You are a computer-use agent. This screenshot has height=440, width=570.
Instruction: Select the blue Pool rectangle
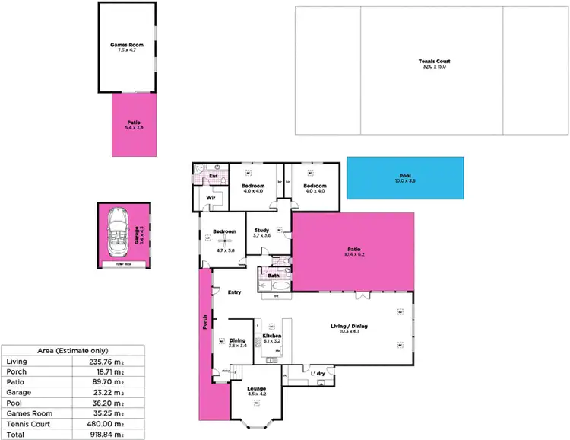click(x=404, y=177)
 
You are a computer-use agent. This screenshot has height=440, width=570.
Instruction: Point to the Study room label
click(x=262, y=231)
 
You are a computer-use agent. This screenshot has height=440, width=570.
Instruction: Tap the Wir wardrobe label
click(x=203, y=198)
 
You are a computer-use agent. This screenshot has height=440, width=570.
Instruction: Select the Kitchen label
click(x=272, y=336)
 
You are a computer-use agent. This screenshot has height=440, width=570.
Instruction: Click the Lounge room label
click(x=256, y=389)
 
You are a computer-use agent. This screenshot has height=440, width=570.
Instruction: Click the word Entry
click(x=234, y=292)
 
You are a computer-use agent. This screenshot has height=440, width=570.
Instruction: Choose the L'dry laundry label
click(x=318, y=373)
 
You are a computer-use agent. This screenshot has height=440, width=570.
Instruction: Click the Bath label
click(x=271, y=275)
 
